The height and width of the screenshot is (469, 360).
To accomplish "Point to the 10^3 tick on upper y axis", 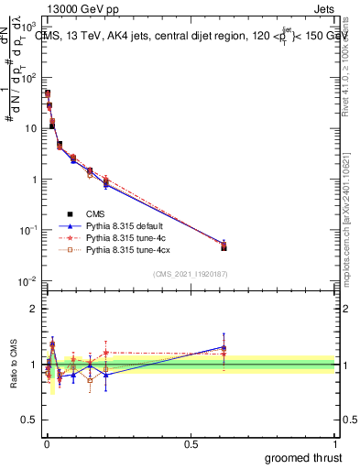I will [x=29, y=27].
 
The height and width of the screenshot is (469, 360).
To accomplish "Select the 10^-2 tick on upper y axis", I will [x=29, y=280].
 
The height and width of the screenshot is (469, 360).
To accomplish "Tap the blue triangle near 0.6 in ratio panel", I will [x=224, y=347].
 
